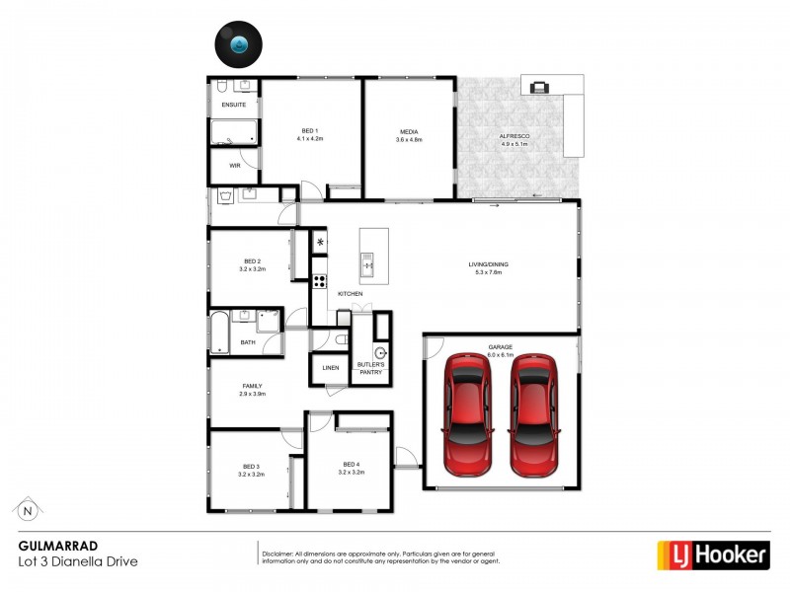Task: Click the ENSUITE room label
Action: click(234, 105)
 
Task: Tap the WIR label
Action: click(235, 166)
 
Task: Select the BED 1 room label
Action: click(310, 131)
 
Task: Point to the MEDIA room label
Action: click(409, 131)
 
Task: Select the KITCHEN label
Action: click(351, 294)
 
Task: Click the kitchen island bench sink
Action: click(367, 263)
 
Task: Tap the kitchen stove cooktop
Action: click(320, 281)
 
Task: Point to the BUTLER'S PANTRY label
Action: click(369, 368)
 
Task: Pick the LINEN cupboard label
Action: click(330, 368)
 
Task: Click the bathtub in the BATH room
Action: click(219, 332)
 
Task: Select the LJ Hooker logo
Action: click(713, 555)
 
